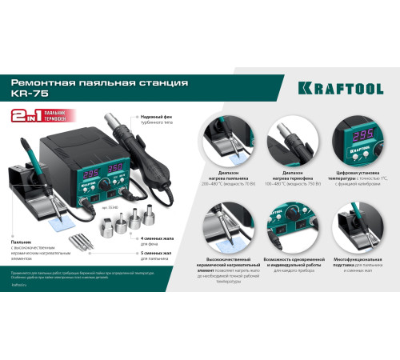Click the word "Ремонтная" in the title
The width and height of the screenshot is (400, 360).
click(x=42, y=82)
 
